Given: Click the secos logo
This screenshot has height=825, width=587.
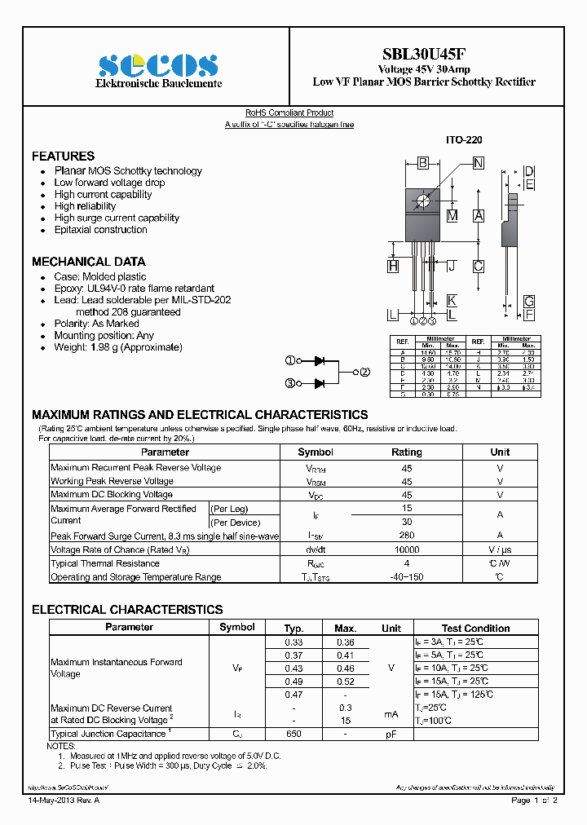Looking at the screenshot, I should (x=157, y=64).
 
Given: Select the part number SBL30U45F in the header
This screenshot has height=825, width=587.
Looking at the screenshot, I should (x=424, y=55).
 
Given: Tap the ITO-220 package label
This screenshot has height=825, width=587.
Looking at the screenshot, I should (x=463, y=140).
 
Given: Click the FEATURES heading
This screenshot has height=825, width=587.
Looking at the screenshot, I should (x=63, y=156).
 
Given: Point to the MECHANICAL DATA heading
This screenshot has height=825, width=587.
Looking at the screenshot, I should (x=88, y=262).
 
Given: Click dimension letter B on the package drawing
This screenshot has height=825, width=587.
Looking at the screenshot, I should (x=423, y=163).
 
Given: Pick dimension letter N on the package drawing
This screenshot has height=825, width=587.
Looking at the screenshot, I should (x=478, y=163).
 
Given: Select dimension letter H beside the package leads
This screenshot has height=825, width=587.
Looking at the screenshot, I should (x=393, y=266).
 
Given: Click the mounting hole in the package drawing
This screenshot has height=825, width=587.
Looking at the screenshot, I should (x=422, y=201).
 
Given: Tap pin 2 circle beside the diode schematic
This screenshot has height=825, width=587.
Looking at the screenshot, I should (x=364, y=372).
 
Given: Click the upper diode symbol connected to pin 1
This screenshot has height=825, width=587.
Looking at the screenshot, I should (x=320, y=360).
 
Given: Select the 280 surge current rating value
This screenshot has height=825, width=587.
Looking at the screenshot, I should (x=407, y=535).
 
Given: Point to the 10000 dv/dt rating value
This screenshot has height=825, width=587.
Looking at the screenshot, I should (x=407, y=549).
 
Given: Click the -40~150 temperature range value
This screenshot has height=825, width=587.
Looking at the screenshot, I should (x=407, y=577).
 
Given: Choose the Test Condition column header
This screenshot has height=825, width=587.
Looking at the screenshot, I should (x=475, y=628).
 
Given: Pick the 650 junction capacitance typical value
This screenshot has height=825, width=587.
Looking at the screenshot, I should (x=293, y=734).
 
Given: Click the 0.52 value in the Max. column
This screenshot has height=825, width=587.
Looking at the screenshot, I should (x=346, y=681).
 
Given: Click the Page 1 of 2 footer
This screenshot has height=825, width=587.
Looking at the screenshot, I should (x=534, y=801).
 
